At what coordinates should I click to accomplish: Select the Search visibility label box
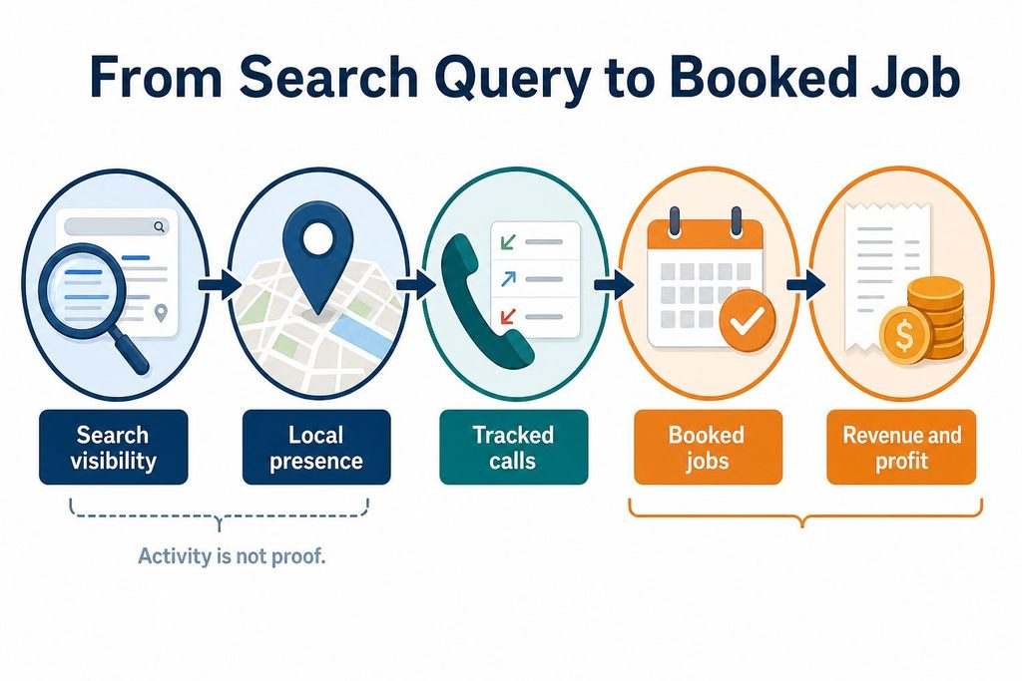click(114, 448)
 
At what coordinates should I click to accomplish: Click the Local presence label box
click(316, 448)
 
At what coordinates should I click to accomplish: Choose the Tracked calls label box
click(514, 448)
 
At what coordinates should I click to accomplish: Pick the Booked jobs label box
click(708, 448)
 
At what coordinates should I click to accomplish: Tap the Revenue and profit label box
click(901, 448)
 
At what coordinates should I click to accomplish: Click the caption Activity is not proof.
click(232, 556)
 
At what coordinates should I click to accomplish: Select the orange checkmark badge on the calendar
click(747, 321)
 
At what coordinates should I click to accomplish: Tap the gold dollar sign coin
click(904, 335)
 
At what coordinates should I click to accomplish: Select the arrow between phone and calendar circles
click(614, 284)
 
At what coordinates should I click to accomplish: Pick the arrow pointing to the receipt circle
click(805, 284)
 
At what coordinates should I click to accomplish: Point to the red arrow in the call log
click(508, 316)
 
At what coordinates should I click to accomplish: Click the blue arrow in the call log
click(508, 280)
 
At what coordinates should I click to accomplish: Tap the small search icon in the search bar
click(159, 226)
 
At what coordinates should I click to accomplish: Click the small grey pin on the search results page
click(161, 313)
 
